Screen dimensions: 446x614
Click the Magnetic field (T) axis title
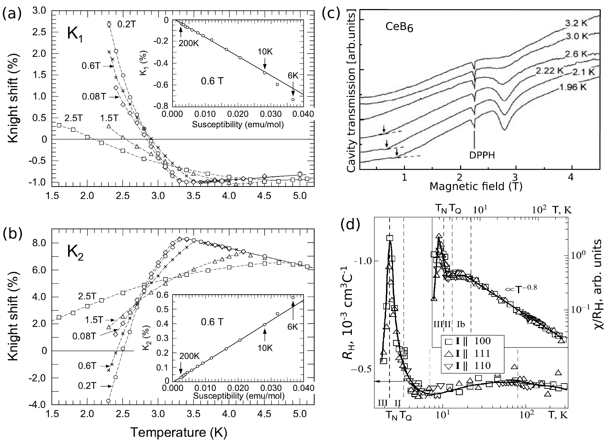click(x=476, y=187)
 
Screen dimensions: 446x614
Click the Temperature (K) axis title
click(x=179, y=432)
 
